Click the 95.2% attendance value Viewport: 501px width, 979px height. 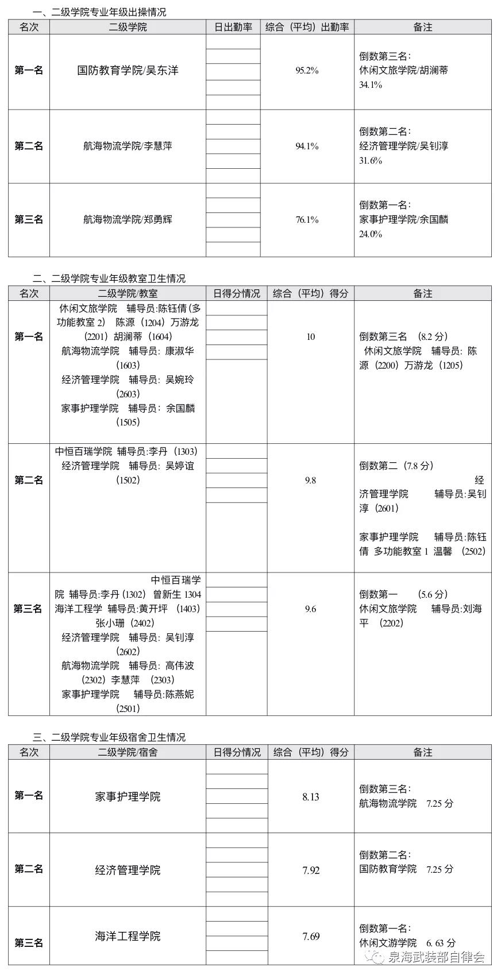pyautogui.click(x=307, y=71)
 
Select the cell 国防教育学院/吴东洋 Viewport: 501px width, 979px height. pyautogui.click(x=128, y=71)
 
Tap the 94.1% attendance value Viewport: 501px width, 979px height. pyautogui.click(x=307, y=146)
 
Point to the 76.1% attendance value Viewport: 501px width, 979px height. pyautogui.click(x=307, y=220)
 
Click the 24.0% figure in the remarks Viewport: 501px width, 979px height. pyautogui.click(x=371, y=234)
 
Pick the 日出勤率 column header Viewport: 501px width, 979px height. pyautogui.click(x=233, y=27)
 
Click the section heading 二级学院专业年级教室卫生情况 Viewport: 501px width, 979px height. pyautogui.click(x=109, y=278)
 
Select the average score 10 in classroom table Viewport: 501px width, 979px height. pyautogui.click(x=310, y=336)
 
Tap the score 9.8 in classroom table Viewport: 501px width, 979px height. pyautogui.click(x=310, y=480)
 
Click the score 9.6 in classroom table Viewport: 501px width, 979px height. pyautogui.click(x=310, y=609)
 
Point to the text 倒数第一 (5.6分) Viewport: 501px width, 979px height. pyautogui.click(x=403, y=594)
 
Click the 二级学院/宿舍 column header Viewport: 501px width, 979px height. pyautogui.click(x=128, y=752)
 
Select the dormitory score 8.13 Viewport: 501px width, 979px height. pyautogui.click(x=310, y=797)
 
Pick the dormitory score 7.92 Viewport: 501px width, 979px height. pyautogui.click(x=310, y=870)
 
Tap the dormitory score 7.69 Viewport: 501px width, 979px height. pyautogui.click(x=310, y=937)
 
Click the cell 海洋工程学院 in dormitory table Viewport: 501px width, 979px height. pyautogui.click(x=128, y=937)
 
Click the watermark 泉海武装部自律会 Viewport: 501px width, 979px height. pyautogui.click(x=436, y=957)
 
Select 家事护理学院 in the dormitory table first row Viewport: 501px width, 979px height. pyautogui.click(x=128, y=797)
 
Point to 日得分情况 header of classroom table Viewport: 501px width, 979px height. pyautogui.click(x=237, y=293)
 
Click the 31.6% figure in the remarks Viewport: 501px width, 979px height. pyautogui.click(x=371, y=161)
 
